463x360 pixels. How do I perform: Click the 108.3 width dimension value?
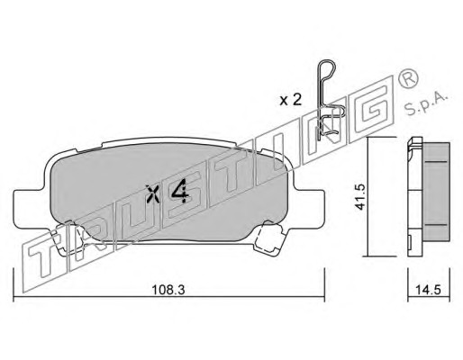click(x=168, y=290)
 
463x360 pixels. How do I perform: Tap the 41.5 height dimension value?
click(x=359, y=197)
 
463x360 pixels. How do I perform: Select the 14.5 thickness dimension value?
click(x=429, y=290)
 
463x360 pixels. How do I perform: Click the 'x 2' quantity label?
click(x=290, y=100)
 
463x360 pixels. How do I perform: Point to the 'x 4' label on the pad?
click(x=168, y=193)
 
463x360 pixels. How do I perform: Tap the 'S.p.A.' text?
click(x=426, y=104)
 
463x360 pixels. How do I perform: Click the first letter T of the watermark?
click(x=45, y=257)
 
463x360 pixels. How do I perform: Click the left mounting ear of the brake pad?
click(x=29, y=208)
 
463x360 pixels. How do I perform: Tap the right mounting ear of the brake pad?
click(x=309, y=208)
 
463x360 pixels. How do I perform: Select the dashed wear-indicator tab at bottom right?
click(x=268, y=238)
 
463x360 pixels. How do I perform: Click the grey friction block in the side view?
click(x=437, y=192)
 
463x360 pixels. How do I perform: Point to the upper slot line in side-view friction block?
click(x=437, y=162)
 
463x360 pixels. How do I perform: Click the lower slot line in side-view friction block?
click(x=437, y=224)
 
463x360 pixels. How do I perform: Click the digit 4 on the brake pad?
click(x=180, y=193)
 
